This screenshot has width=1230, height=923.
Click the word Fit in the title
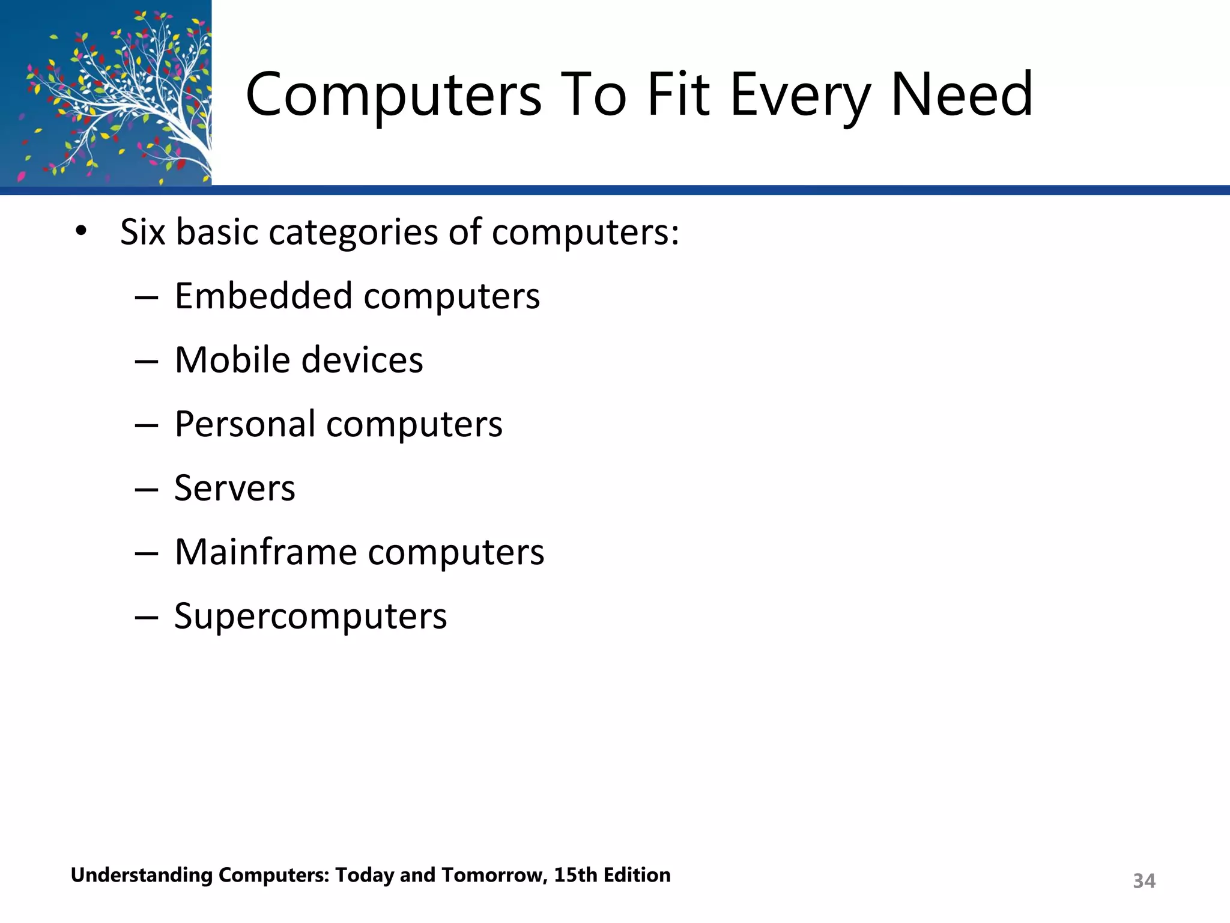tap(678, 95)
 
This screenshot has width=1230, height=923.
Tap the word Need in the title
tap(962, 95)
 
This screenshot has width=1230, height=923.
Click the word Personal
tap(244, 424)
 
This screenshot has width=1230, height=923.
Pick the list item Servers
tap(235, 488)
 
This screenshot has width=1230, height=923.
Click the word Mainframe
tap(265, 552)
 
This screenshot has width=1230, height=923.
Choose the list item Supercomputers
tap(311, 617)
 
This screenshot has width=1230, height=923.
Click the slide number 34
tap(1144, 881)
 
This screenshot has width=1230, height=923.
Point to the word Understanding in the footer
tap(142, 876)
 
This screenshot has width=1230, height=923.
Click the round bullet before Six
tap(81, 231)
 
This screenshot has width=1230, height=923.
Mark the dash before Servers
tap(147, 489)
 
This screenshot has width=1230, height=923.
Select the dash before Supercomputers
tap(147, 617)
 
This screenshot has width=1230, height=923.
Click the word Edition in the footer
tap(637, 875)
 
